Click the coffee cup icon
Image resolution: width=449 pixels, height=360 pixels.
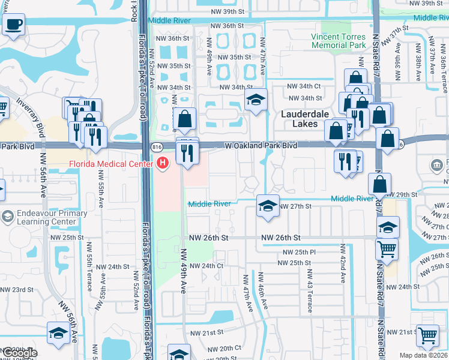coord(13,25)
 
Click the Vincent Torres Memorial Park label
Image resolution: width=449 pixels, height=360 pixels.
coord(338,41)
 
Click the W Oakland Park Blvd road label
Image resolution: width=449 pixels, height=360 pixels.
coord(261,146)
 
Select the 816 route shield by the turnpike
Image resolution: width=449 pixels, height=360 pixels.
coord(157,146)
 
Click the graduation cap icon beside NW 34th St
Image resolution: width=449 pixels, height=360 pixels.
coord(256,101)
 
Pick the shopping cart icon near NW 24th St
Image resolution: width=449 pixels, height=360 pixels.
coord(387,248)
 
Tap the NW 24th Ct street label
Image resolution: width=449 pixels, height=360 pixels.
coord(206,266)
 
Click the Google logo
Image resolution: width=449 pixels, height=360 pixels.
coord(20,353)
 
